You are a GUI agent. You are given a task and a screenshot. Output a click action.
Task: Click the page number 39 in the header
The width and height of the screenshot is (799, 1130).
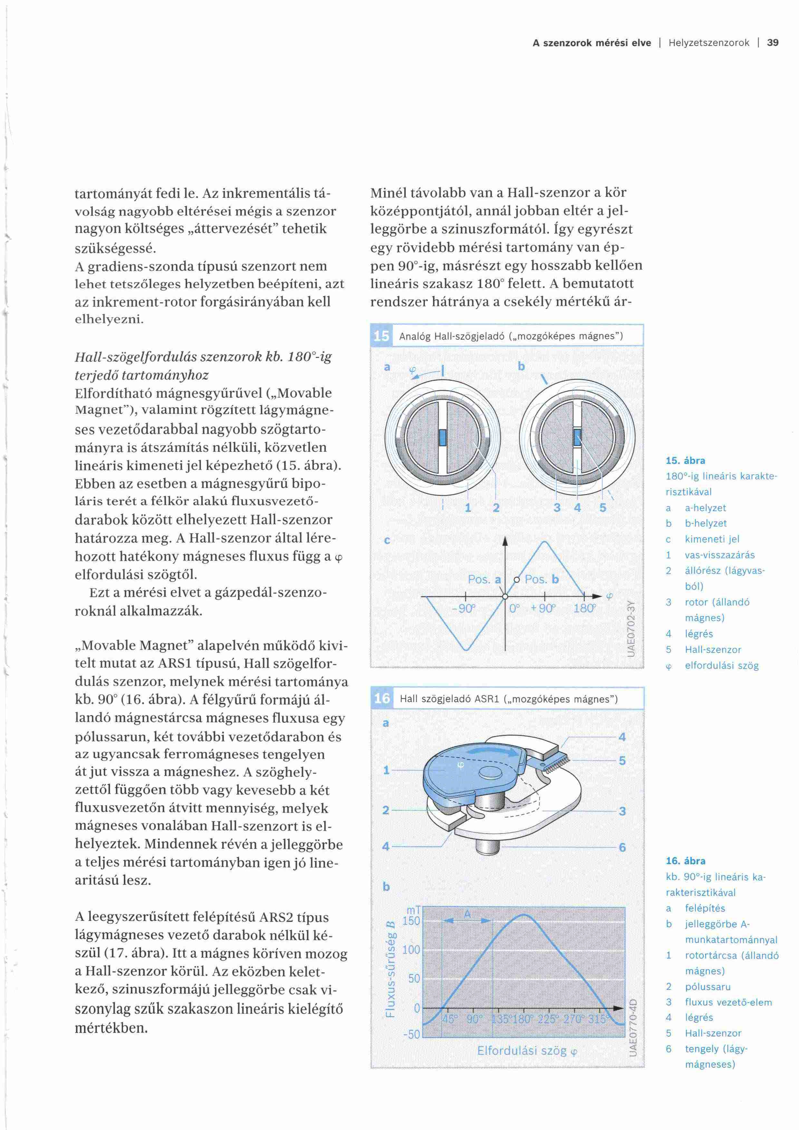tap(773, 43)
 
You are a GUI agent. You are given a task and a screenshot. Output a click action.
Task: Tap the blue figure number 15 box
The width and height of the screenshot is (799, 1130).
tap(381, 336)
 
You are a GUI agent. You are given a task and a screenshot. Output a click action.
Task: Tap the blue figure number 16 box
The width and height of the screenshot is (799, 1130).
tap(382, 698)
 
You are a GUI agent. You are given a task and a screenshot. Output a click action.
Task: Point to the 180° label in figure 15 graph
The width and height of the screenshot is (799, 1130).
tap(584, 608)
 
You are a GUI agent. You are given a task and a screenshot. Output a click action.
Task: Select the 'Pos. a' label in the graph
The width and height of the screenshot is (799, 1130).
tap(484, 579)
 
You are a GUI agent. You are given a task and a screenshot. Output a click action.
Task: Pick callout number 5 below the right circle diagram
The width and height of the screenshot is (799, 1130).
tap(603, 507)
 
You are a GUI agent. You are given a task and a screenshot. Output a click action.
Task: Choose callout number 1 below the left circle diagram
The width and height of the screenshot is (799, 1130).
tap(468, 507)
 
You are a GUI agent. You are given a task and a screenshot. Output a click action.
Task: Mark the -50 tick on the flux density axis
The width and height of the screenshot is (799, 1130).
tap(411, 1034)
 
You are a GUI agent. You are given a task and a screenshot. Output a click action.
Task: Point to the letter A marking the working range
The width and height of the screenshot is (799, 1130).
tap(467, 914)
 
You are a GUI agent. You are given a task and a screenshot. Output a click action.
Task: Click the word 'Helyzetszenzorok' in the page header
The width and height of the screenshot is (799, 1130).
tap(708, 43)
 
